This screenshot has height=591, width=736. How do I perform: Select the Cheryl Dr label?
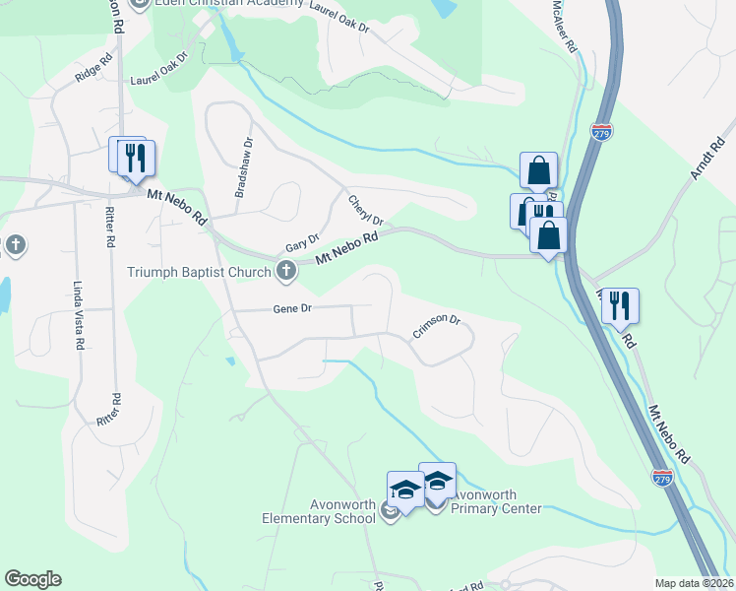coord(364,209)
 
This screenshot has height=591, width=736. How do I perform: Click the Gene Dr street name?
coord(291,308)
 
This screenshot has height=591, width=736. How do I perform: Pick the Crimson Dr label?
coord(436,325)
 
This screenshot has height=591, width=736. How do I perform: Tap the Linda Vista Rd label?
coord(78,315)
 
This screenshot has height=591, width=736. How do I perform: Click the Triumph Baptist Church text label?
coord(200,270)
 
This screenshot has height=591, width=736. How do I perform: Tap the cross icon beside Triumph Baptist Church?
coord(286,269)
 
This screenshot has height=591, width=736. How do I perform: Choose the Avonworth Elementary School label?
coord(321,511)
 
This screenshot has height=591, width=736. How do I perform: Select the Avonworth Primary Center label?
coord(497,502)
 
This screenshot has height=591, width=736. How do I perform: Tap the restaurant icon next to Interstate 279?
coord(620,304)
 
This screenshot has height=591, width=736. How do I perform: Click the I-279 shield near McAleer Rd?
coord(603,131)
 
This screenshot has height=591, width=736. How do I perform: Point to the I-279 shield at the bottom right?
coord(662,477)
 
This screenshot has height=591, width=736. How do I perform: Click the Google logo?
coord(32,579)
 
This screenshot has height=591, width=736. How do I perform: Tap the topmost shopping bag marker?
coord(539,170)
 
